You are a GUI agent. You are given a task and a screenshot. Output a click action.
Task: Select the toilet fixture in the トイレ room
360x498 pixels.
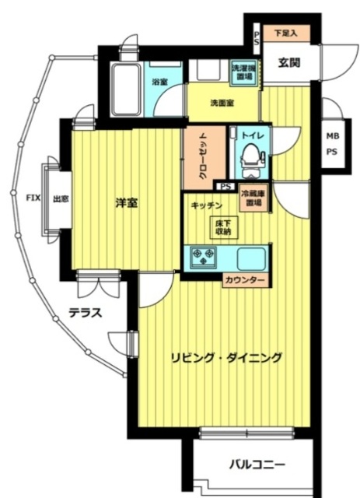click(x=250, y=160)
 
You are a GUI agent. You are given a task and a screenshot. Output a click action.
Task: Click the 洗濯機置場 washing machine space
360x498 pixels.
click(x=243, y=72)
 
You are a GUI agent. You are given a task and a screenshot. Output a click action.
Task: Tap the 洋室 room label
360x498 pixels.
click(x=127, y=203)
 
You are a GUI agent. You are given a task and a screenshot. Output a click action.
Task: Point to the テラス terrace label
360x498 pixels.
click(x=85, y=314)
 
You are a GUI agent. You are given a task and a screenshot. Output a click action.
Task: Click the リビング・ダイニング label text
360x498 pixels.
click(x=225, y=358)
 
